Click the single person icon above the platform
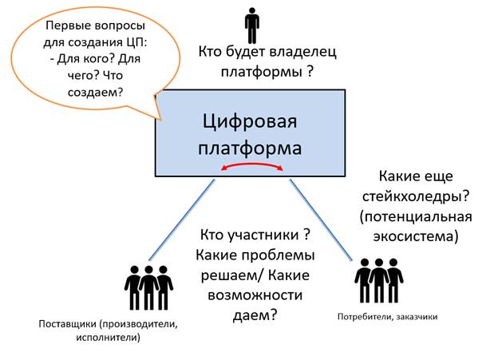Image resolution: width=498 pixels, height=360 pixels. tap(252, 26)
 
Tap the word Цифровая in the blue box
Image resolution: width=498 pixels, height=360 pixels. tap(250, 121)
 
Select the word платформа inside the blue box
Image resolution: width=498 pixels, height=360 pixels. tap(250, 148)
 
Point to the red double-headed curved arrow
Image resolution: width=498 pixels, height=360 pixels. tap(252, 165)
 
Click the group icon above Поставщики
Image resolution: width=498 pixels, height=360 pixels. tap(148, 288)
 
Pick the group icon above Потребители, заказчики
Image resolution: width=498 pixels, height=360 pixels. tap(379, 280)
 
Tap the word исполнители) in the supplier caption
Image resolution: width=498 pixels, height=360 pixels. tap(108, 337)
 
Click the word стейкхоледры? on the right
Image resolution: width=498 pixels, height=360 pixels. tap(416, 196)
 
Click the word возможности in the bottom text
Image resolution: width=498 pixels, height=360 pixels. tap(255, 295)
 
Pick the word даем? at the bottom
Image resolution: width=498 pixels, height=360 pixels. tap(255, 315)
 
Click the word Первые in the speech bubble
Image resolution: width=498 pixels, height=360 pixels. tap(65, 26)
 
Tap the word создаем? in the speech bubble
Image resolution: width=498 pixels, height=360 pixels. tap(95, 92)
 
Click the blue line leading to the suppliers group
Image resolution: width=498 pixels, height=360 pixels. tap(182, 220)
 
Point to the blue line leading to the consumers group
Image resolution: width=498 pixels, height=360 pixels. tap(321, 220)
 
